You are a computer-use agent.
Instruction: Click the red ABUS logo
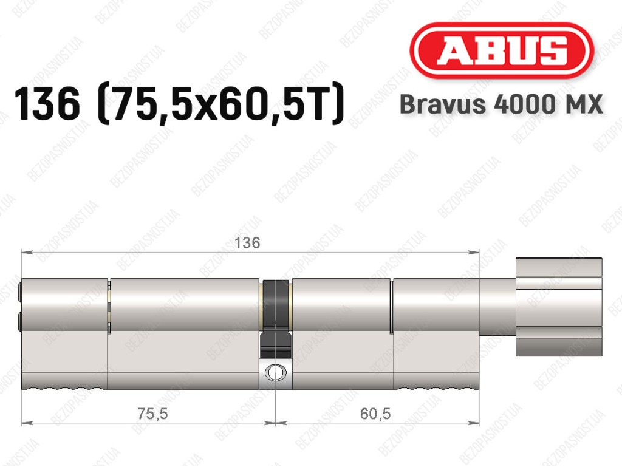pyautogui.click(x=501, y=50)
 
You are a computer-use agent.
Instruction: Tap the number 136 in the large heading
pyautogui.click(x=47, y=104)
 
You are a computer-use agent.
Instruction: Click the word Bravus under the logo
pyautogui.click(x=442, y=104)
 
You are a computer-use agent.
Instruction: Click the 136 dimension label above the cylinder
pyautogui.click(x=247, y=243)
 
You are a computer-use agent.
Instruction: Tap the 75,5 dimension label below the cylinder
pyautogui.click(x=152, y=414)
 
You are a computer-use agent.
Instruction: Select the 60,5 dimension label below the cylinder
pyautogui.click(x=375, y=414)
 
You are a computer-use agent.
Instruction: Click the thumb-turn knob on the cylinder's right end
pyautogui.click(x=559, y=307)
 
